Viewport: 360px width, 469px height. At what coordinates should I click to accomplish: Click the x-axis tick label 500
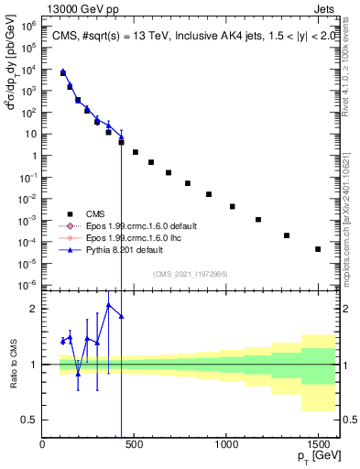point(135,444)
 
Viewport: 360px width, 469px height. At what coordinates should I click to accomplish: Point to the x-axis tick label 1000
point(225,444)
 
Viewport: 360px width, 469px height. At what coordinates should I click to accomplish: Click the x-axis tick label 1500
point(318,444)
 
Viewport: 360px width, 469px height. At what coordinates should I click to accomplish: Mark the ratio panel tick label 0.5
point(28,420)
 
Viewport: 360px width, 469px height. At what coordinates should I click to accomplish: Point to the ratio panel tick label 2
point(33,309)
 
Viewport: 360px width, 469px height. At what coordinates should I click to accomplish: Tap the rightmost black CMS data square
point(318,249)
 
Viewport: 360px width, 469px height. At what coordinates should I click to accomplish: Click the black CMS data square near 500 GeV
point(136,152)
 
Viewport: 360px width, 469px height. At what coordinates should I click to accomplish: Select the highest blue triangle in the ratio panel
point(109,305)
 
